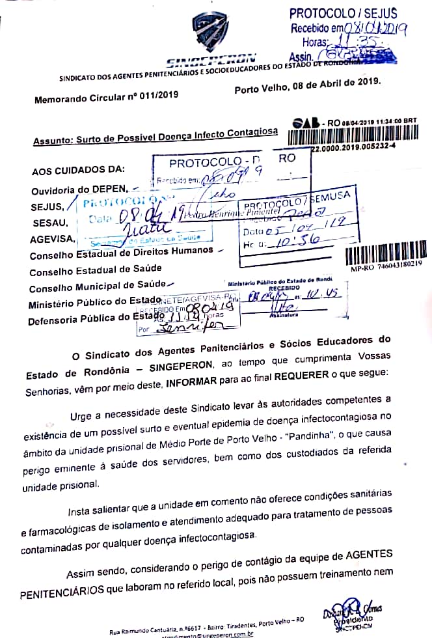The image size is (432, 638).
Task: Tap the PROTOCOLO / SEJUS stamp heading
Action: click(x=343, y=13)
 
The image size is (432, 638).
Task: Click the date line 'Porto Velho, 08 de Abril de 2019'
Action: click(x=307, y=85)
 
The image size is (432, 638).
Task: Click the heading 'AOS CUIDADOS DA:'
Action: click(x=77, y=171)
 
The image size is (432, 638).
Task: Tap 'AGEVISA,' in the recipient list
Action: click(x=48, y=239)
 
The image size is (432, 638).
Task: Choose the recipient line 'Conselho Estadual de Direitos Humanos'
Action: click(x=121, y=252)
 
